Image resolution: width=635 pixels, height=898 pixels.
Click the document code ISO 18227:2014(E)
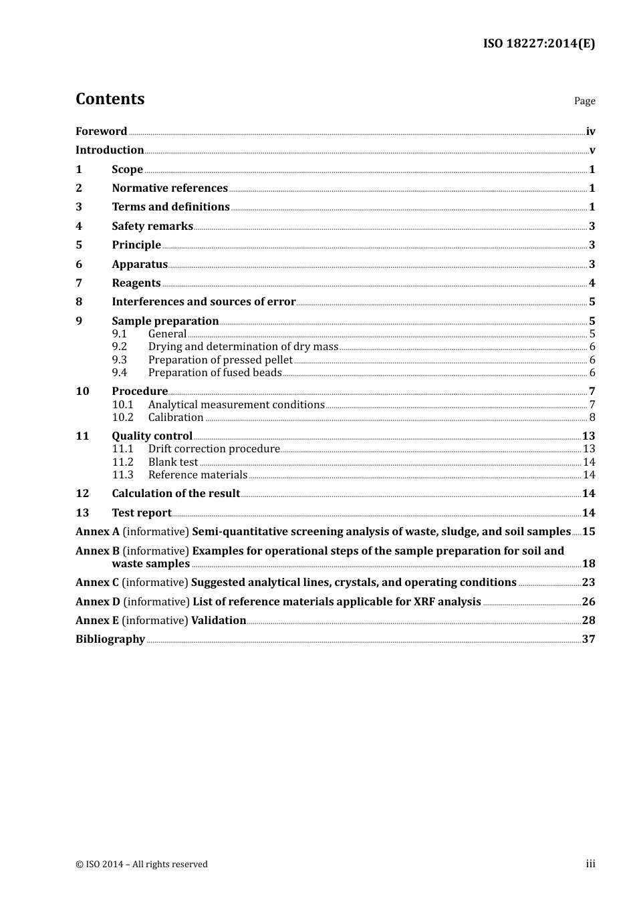click(539, 43)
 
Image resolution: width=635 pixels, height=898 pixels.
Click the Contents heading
click(110, 99)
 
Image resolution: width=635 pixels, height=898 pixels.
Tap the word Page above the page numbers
click(584, 101)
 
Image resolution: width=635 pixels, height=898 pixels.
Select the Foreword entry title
click(101, 131)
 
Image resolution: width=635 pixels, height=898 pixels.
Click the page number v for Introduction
click(592, 150)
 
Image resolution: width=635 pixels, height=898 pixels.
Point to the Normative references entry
click(170, 188)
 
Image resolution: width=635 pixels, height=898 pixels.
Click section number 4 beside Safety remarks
click(79, 227)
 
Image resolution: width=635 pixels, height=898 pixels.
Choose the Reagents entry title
click(136, 283)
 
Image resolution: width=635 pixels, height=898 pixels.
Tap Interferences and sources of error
click(203, 302)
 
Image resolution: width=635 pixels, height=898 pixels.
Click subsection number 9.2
click(120, 347)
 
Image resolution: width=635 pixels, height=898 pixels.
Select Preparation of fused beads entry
click(215, 373)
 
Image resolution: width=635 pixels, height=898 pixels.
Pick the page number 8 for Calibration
click(592, 418)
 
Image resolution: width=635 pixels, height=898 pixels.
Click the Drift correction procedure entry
click(214, 449)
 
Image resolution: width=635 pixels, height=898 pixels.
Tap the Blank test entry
click(173, 462)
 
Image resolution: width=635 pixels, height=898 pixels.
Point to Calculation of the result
click(176, 494)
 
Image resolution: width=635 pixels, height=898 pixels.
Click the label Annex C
click(97, 583)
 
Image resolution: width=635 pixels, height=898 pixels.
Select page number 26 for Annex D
click(588, 602)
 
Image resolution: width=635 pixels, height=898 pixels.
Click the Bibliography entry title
click(110, 639)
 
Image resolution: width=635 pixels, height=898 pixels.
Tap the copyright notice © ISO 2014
click(141, 864)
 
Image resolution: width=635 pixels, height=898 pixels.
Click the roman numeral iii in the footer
click(590, 864)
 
